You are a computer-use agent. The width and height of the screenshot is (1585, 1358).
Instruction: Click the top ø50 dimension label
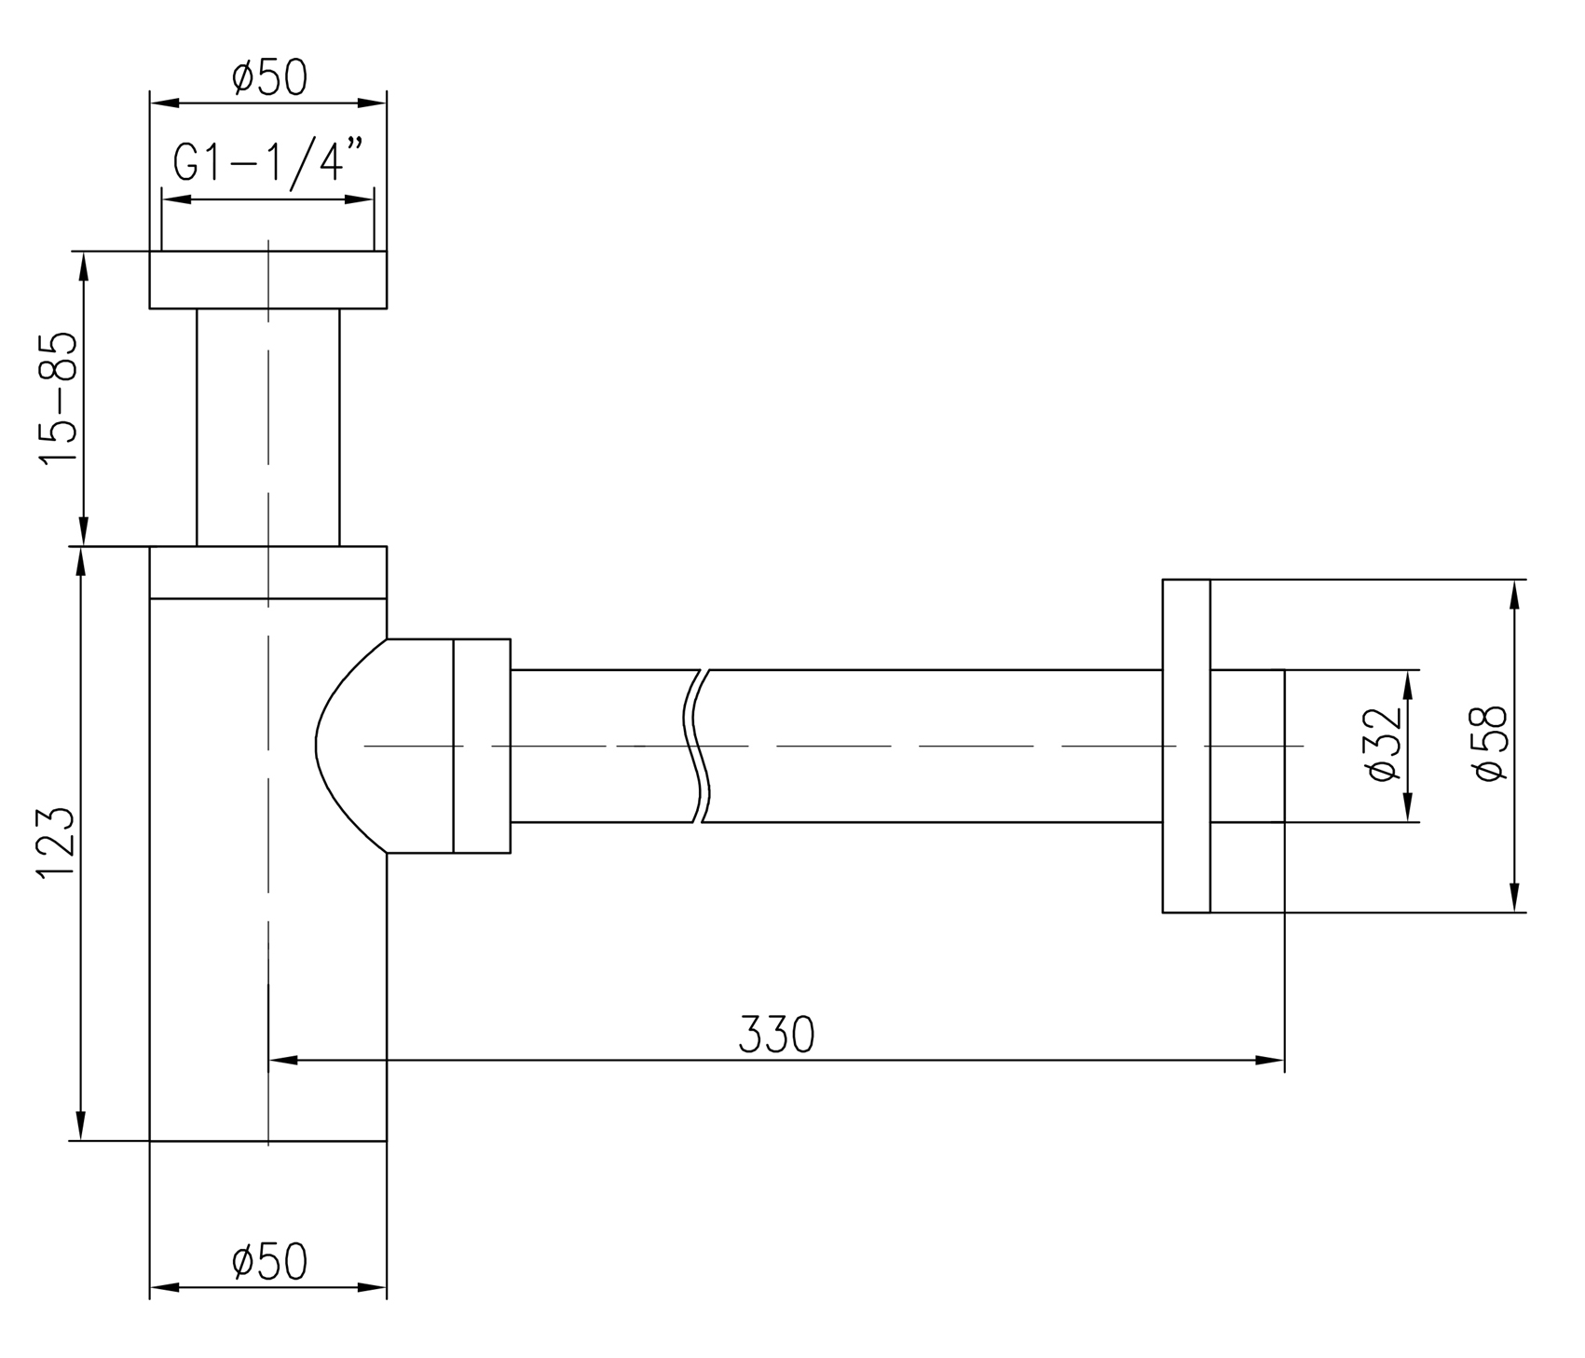click(x=269, y=78)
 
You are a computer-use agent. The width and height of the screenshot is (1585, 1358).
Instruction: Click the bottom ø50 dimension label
click(x=269, y=1262)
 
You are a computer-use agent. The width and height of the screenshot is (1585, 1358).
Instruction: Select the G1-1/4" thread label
click(x=267, y=164)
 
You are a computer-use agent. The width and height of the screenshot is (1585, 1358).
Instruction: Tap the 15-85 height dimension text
click(x=56, y=398)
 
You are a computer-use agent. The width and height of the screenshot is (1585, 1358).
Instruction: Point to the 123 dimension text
click(x=56, y=842)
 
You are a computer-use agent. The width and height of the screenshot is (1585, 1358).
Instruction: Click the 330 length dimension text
click(x=776, y=1035)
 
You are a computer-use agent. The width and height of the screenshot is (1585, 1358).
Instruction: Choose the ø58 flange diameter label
click(x=1491, y=744)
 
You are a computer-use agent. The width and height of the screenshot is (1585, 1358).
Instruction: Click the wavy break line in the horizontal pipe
click(x=700, y=746)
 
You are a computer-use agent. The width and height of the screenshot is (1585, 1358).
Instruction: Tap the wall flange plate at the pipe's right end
click(x=1186, y=746)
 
